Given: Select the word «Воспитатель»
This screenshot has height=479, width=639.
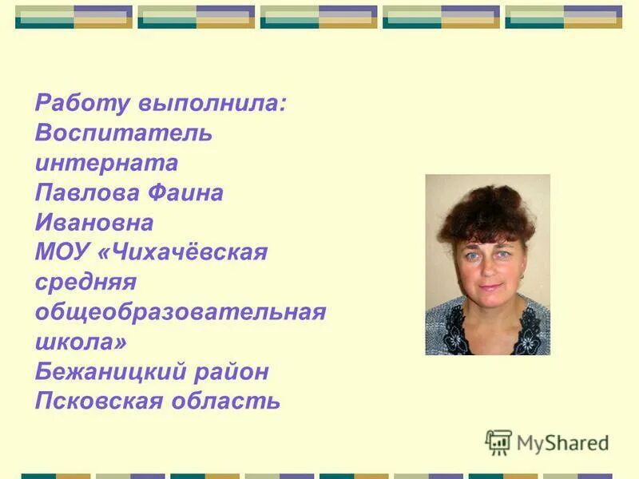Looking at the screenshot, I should tap(124, 133).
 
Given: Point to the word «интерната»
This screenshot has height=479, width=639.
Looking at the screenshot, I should tap(106, 164).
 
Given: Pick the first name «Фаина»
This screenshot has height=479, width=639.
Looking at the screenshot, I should tap(184, 193).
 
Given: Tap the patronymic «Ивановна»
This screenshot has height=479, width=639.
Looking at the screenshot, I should tap(94, 223).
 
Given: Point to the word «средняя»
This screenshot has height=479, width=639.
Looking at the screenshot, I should tap(86, 283).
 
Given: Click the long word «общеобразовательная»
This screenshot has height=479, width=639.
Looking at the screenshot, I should tap(181, 312).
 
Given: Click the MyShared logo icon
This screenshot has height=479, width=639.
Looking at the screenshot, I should tap(498, 441).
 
